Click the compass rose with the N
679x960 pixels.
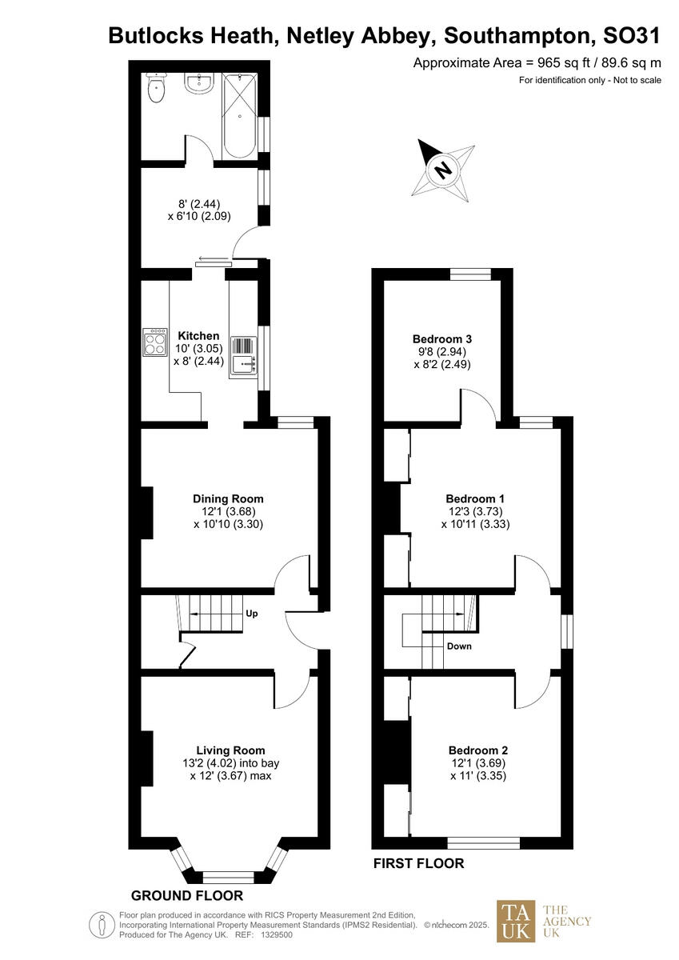(441, 168)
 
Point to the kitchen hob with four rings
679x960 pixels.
(154, 342)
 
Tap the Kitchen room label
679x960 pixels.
(198, 336)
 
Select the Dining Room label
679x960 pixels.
(228, 498)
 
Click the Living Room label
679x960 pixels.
(230, 750)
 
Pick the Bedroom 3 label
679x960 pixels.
(441, 338)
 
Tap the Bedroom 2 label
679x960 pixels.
(478, 750)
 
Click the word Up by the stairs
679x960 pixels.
(252, 614)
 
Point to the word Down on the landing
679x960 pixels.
(459, 646)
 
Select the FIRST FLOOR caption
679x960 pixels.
(419, 864)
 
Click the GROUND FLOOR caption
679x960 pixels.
(187, 895)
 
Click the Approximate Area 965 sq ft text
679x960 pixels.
(537, 62)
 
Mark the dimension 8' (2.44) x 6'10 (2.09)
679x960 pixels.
(198, 210)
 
